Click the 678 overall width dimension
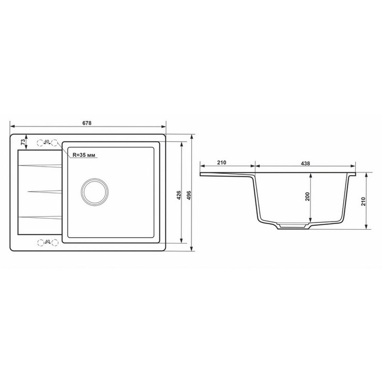(x=87, y=123)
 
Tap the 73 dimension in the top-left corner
(x=23, y=142)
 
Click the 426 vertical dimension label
(x=178, y=195)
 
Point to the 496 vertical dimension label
(x=189, y=195)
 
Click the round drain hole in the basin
(x=95, y=191)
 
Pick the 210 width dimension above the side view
(x=222, y=163)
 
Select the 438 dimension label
(x=305, y=163)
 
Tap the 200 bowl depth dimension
(x=307, y=196)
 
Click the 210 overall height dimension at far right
(x=363, y=202)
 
